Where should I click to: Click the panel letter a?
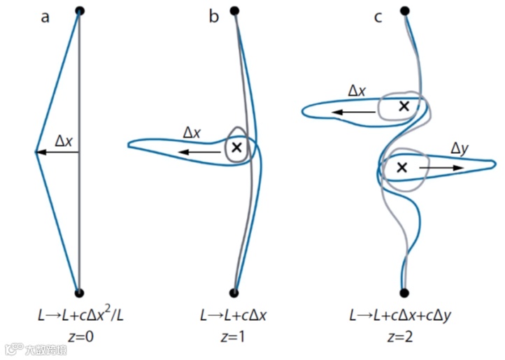45,17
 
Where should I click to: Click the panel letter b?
213,17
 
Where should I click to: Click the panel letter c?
378,17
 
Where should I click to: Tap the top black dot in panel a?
80,10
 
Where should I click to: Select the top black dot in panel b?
234,10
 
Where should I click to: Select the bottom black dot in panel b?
234,292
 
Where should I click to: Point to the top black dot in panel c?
404,10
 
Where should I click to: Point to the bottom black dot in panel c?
404,292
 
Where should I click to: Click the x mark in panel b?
236,147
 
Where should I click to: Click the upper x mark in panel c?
403,106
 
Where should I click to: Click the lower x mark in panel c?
401,167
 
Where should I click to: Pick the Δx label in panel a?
64,141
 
